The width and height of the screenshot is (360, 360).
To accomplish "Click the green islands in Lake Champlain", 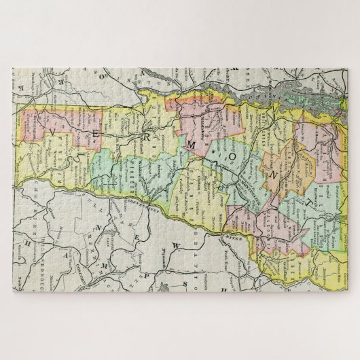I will [x=299, y=95].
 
